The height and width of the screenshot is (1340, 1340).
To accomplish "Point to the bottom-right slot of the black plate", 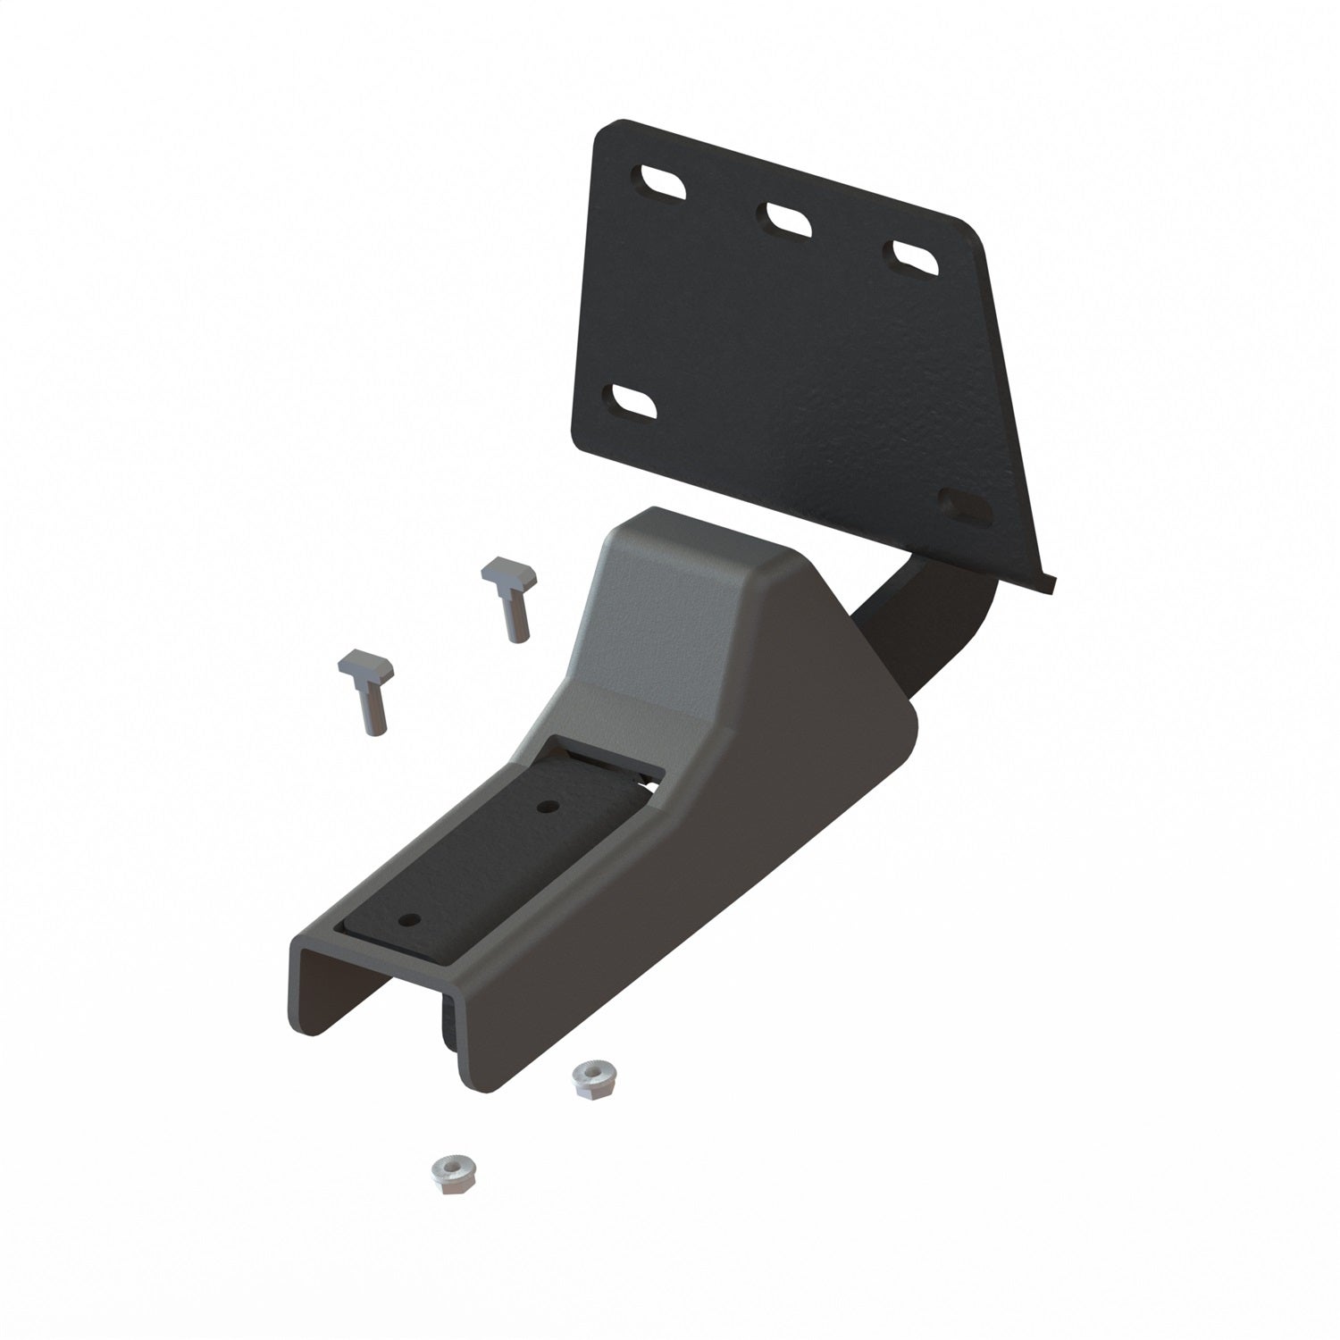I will tap(967, 506).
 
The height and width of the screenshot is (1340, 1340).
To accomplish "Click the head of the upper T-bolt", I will tap(506, 573).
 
